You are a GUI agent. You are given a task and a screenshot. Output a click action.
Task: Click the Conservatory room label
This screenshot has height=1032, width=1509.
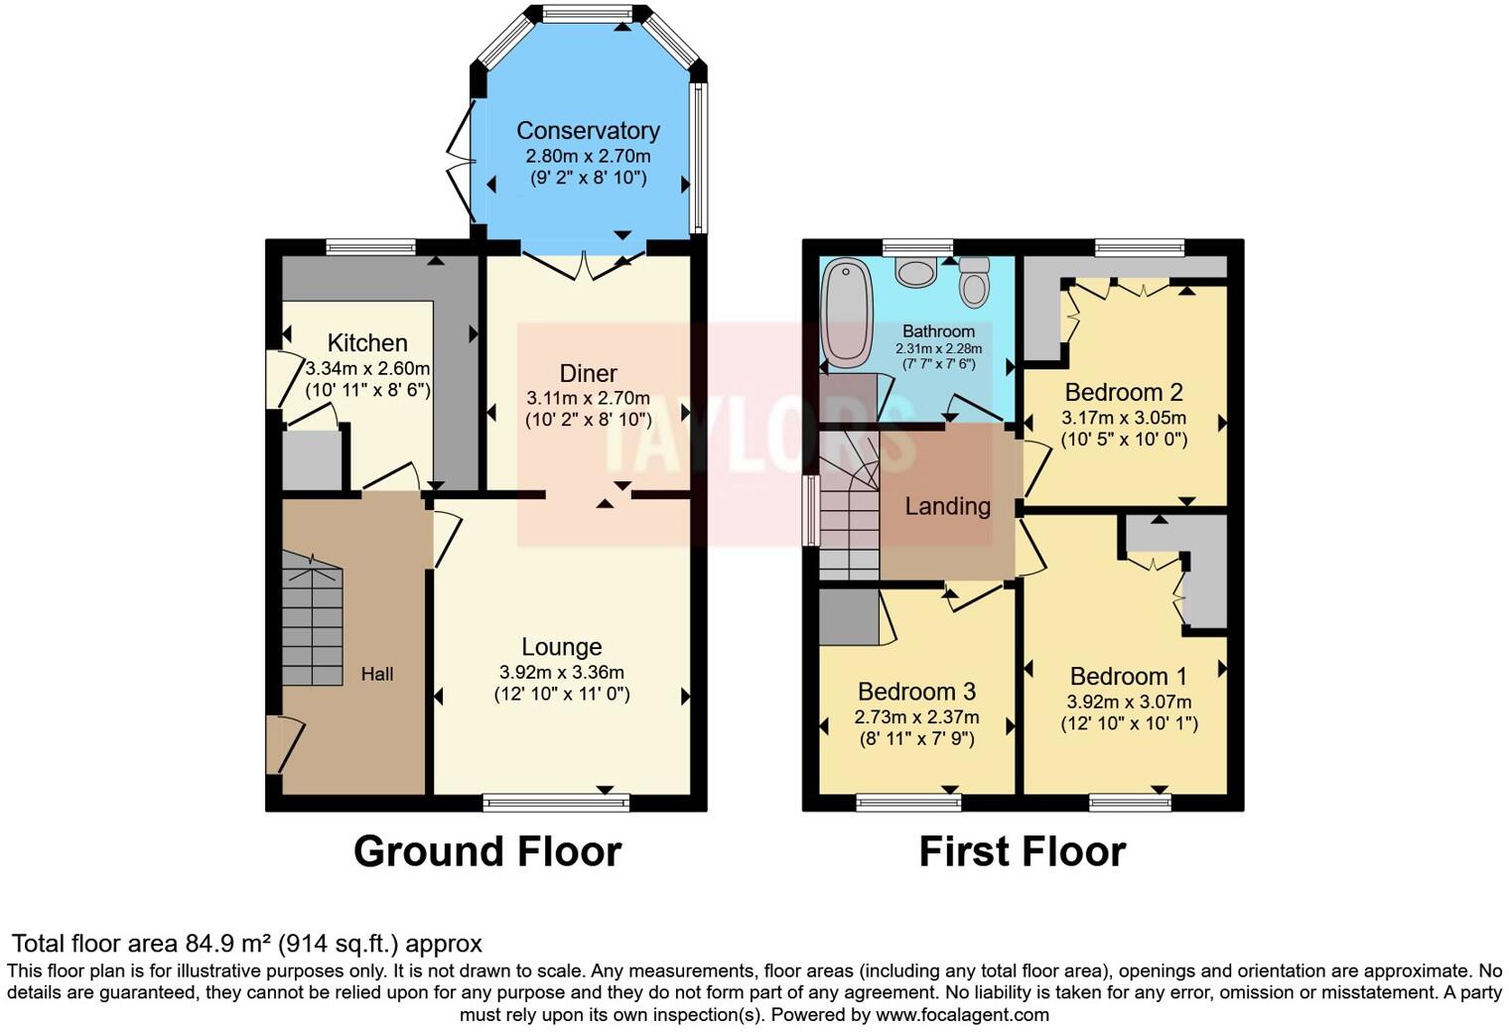(588, 131)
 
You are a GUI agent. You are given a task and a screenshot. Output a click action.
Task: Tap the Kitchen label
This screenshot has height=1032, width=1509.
(367, 343)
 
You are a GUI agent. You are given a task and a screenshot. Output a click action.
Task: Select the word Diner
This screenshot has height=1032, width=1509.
(589, 374)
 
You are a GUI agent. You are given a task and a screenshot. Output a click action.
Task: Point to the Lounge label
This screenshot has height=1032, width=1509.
(562, 647)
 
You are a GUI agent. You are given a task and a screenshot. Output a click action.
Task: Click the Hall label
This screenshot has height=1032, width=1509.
(377, 675)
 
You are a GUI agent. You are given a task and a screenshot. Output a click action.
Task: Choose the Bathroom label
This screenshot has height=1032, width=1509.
(938, 331)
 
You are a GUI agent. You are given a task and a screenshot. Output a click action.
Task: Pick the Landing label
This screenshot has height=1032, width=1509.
(947, 506)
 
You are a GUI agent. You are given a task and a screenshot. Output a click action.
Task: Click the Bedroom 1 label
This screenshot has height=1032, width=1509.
(1129, 677)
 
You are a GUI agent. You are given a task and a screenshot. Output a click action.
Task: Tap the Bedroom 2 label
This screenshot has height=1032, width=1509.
(1124, 392)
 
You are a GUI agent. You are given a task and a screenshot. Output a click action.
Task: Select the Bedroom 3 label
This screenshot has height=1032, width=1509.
(916, 692)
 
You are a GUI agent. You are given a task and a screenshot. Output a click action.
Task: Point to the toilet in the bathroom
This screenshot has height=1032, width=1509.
(975, 283)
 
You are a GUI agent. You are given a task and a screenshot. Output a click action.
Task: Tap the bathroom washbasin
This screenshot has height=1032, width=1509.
(914, 271)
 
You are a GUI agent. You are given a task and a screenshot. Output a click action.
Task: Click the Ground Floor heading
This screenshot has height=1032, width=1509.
(487, 851)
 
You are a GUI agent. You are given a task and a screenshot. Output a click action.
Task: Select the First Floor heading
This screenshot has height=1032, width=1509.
(1023, 851)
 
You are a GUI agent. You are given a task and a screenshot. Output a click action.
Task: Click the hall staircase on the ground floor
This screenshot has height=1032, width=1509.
(312, 625)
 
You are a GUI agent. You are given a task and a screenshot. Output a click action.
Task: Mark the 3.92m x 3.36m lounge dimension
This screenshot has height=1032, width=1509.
(562, 672)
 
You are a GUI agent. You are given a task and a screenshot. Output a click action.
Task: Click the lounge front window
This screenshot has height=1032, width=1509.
(556, 802)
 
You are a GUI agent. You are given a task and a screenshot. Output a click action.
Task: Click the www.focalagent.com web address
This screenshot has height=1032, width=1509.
(962, 1015)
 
